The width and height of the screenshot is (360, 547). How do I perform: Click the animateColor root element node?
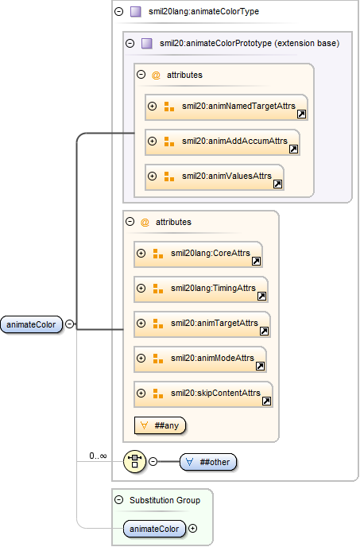coord(32,324)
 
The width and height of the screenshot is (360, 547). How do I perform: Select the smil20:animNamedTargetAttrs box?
coord(226,107)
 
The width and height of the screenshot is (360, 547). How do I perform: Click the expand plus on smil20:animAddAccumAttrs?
coord(152,141)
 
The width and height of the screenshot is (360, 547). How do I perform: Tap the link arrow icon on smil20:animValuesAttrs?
coord(277,184)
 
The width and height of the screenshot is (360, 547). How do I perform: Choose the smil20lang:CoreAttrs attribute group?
coord(198,254)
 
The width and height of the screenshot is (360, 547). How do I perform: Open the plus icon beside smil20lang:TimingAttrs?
coord(141,288)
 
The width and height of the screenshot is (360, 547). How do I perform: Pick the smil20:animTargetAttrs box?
coord(203,324)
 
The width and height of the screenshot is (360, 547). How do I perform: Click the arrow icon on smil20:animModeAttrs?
coord(260,366)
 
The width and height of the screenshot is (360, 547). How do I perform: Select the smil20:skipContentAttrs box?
coord(203,394)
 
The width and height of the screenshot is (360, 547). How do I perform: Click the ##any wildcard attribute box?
coord(160,425)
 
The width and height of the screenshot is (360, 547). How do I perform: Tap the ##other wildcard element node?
coord(208,462)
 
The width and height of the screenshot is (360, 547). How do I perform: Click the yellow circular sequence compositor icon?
coord(134,461)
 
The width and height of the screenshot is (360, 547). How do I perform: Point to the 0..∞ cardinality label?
coord(98,456)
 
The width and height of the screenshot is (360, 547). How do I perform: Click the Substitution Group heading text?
coord(165,500)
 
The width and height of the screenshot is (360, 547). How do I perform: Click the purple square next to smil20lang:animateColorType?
coord(136,11)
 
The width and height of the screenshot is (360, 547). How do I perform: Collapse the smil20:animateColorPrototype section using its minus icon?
coord(130,43)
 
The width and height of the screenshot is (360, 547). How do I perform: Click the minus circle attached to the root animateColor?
coord(70,324)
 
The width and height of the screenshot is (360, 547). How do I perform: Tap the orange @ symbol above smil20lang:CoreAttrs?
coord(145,223)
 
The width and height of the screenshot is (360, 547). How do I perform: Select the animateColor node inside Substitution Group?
coord(154,529)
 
